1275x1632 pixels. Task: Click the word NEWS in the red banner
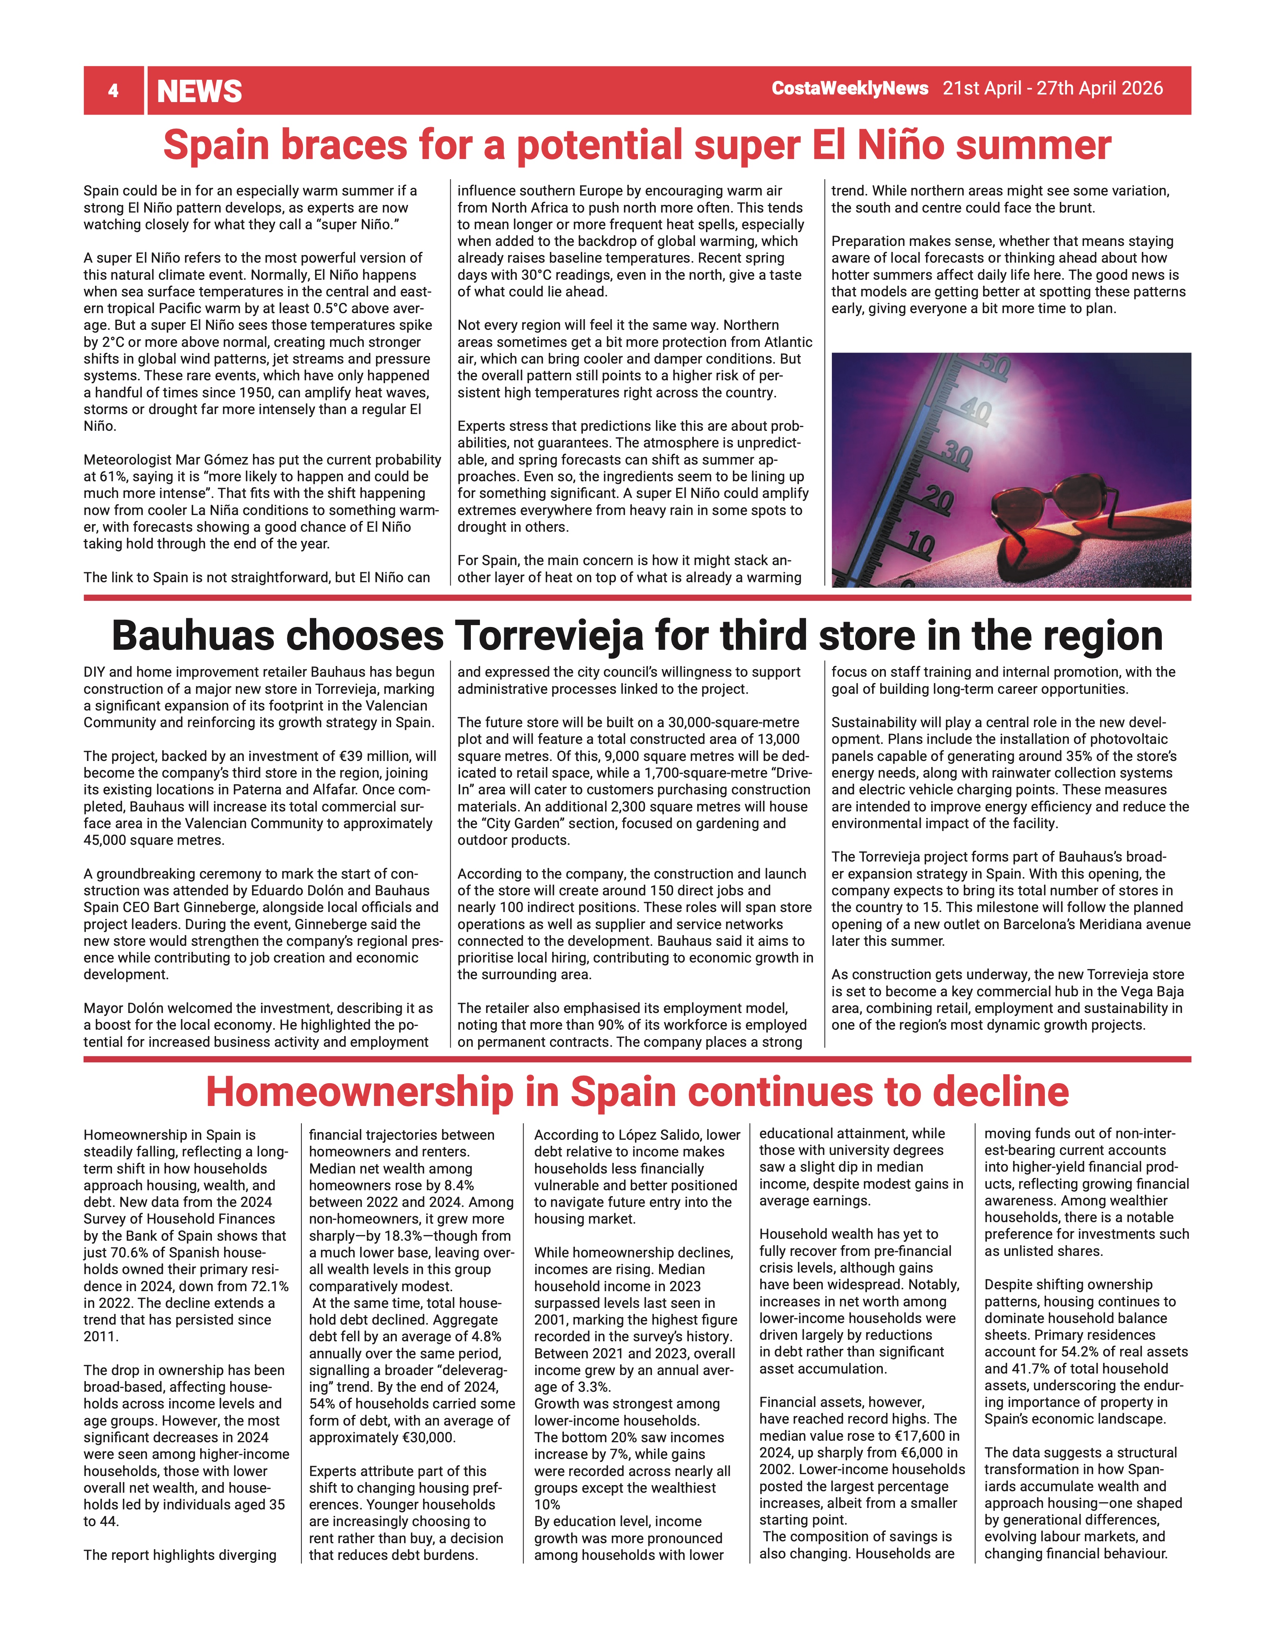(200, 91)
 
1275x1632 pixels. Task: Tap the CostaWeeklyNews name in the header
(850, 88)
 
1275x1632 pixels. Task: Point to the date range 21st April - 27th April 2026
(1052, 88)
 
